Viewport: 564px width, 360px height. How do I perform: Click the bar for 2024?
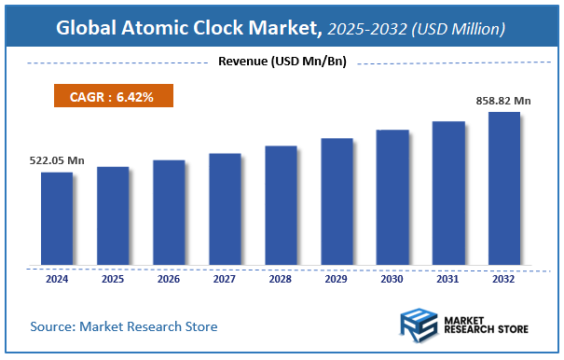point(56,218)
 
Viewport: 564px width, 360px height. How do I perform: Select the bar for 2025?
point(113,215)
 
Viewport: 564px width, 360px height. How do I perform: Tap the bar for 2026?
point(169,212)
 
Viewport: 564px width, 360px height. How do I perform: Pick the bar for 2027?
point(225,209)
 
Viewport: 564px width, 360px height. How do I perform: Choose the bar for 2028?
point(281,205)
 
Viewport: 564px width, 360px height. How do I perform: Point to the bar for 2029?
point(337,201)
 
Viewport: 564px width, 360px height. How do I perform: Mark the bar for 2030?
point(392,197)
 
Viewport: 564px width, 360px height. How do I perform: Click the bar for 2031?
point(448,193)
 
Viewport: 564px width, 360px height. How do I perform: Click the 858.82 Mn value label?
point(504,100)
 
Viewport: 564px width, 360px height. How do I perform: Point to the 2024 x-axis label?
point(56,278)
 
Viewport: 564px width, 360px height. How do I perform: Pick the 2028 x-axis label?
point(281,278)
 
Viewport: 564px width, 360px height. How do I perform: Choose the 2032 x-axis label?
point(504,278)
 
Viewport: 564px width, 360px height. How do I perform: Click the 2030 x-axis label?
point(392,278)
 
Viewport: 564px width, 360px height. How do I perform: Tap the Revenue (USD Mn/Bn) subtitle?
point(281,62)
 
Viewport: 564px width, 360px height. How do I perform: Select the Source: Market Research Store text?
point(124,326)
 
